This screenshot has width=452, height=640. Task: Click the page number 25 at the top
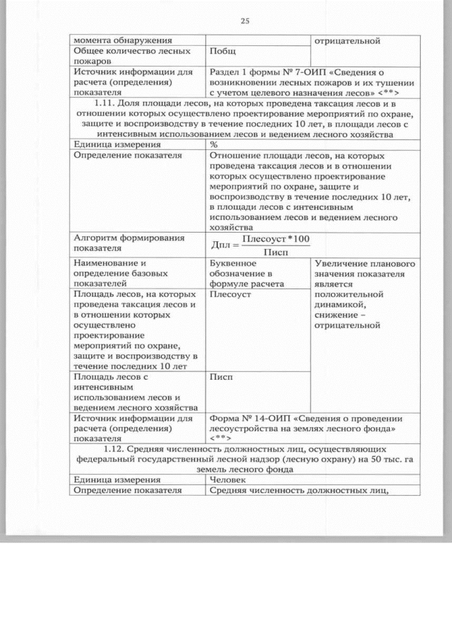click(x=245, y=21)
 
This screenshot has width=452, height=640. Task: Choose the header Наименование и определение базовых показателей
click(x=121, y=273)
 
